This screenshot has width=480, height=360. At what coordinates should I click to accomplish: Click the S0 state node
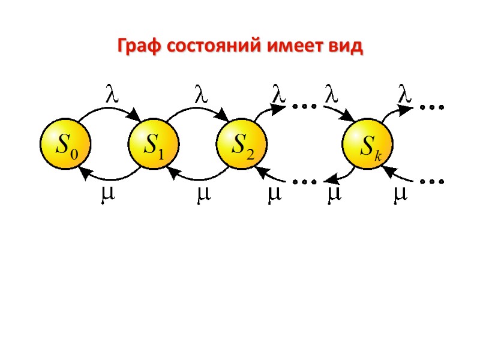click(64, 144)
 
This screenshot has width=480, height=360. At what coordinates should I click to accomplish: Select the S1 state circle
click(153, 144)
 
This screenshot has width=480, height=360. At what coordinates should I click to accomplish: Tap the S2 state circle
click(241, 144)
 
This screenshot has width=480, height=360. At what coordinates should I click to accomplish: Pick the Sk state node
click(367, 144)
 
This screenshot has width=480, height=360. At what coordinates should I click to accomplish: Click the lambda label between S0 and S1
click(109, 94)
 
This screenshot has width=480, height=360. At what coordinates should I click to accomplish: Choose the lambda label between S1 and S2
click(199, 94)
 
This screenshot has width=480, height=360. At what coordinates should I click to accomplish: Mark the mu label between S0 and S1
click(108, 196)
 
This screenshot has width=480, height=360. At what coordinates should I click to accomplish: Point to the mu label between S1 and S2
click(199, 196)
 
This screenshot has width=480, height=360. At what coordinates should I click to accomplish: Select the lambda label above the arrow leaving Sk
click(406, 94)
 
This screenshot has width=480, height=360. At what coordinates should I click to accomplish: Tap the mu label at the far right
click(398, 196)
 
